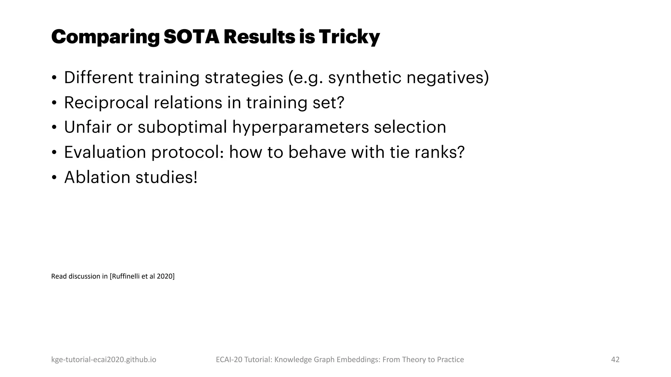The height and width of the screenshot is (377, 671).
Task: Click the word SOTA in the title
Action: tap(191, 37)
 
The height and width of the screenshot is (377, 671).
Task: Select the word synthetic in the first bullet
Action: tap(364, 78)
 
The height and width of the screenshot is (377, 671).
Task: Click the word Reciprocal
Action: tap(106, 103)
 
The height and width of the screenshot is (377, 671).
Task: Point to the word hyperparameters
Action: tap(300, 128)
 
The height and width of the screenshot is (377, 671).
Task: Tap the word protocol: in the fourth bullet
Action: tap(187, 153)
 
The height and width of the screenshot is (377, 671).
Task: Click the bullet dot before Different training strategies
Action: tap(54, 78)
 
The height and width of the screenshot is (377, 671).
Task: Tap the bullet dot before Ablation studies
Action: tap(54, 177)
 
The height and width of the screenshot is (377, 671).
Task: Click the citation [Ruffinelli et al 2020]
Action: tap(142, 276)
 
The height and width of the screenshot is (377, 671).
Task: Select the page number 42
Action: tap(615, 359)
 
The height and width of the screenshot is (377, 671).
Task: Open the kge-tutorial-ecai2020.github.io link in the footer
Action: tap(104, 359)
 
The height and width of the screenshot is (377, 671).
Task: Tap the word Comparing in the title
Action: tap(105, 37)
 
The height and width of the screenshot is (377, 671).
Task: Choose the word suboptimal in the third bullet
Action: tap(182, 128)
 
